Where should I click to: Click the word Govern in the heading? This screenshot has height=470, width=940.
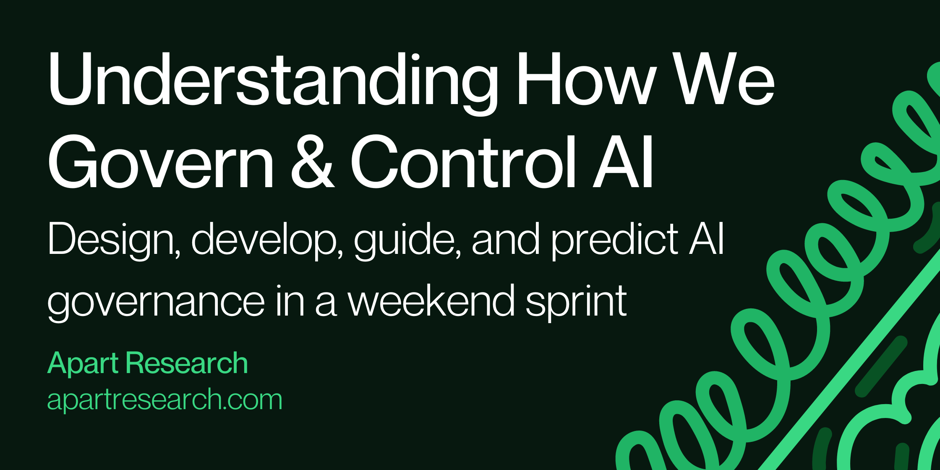[x=161, y=162]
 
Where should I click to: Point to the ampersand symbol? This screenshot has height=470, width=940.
[x=313, y=162]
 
